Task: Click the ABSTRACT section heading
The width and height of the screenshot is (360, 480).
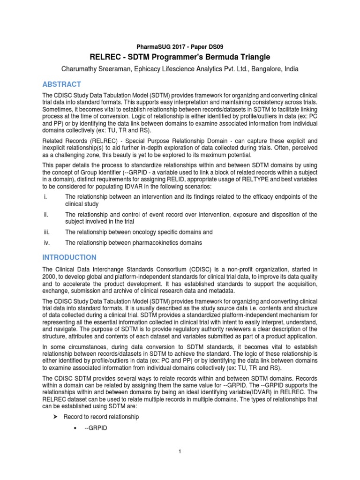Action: pyautogui.click(x=62, y=84)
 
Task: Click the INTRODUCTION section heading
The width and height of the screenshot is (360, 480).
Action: pyautogui.click(x=70, y=257)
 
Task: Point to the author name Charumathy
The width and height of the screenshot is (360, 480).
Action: pyautogui.click(x=83, y=69)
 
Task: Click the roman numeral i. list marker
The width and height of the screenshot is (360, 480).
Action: pyautogui.click(x=45, y=196)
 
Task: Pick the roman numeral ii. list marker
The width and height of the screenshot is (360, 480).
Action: pyautogui.click(x=45, y=215)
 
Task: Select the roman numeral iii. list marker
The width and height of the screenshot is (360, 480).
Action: pyautogui.click(x=46, y=232)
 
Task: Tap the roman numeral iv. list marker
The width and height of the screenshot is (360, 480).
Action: pyautogui.click(x=46, y=243)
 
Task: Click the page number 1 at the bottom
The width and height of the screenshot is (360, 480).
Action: pyautogui.click(x=180, y=451)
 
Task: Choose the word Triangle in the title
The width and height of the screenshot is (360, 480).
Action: pyautogui.click(x=254, y=57)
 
